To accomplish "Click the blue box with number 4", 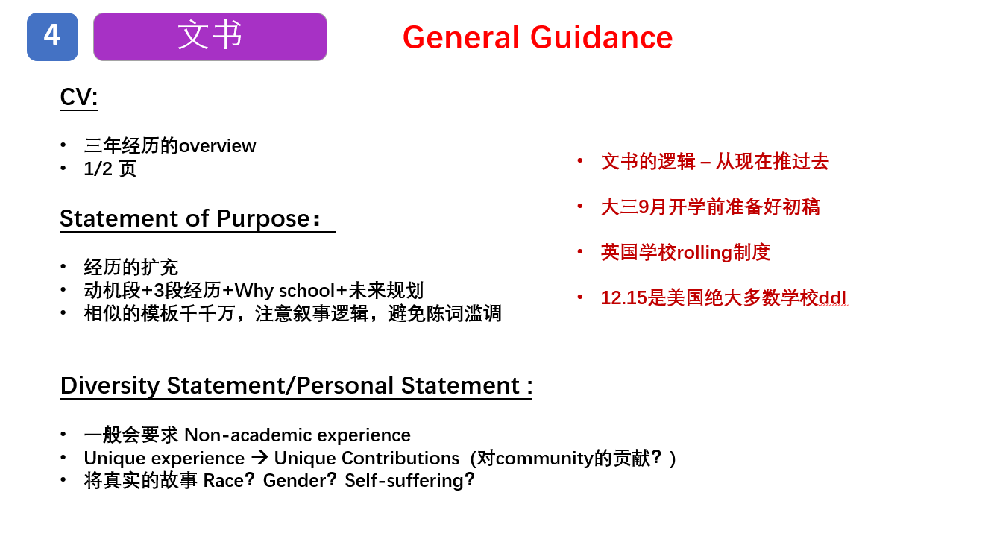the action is tap(52, 37).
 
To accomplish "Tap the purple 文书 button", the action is tap(210, 37).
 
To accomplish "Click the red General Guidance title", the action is tap(538, 37).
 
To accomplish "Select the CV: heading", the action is tap(78, 97).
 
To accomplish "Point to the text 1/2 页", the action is tap(110, 169).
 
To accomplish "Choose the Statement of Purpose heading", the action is tap(190, 218).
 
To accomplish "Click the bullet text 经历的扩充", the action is tap(131, 267).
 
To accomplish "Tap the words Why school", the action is tap(285, 291).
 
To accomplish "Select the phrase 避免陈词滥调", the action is tap(444, 314).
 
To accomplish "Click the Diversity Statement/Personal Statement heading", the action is tap(296, 385).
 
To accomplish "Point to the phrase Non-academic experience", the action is tap(298, 435).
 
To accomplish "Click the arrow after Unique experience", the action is tap(259, 457).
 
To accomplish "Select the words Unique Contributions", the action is tap(367, 458).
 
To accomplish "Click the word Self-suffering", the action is tap(404, 481).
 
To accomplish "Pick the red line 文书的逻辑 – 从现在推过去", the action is tap(714, 161).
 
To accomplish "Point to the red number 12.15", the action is tap(623, 297).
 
